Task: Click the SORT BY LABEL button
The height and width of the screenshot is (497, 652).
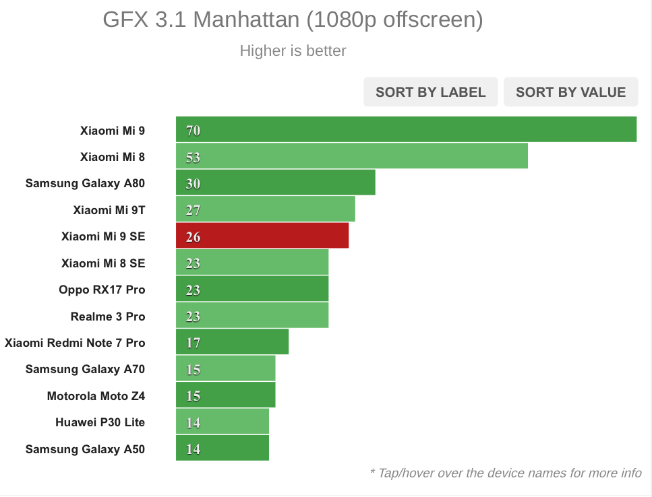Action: [x=430, y=92]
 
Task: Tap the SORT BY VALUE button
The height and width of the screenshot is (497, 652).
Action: [x=570, y=92]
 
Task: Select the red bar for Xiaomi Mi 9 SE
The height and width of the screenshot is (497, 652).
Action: [x=262, y=236]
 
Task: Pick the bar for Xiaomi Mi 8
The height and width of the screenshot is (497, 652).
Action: [x=351, y=157]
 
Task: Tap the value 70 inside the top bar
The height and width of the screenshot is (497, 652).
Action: [x=194, y=131]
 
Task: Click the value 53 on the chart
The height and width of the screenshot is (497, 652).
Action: [x=194, y=158]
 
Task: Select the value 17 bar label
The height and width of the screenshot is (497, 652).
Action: [x=194, y=343]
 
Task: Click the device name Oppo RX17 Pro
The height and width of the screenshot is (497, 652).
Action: [x=102, y=290]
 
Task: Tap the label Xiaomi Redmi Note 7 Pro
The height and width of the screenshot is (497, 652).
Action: [x=75, y=343]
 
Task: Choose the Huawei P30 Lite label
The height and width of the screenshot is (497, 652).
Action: [x=100, y=422]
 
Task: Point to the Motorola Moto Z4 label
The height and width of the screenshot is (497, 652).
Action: [x=96, y=396]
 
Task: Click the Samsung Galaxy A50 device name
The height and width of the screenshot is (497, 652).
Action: [x=85, y=449]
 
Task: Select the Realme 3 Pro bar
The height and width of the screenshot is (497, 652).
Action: [x=252, y=316]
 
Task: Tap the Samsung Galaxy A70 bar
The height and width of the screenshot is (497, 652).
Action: [x=225, y=369]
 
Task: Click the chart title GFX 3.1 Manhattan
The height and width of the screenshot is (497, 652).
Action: [x=293, y=20]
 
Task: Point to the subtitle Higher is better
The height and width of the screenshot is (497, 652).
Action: [x=293, y=51]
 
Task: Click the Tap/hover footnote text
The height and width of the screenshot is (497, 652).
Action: [x=506, y=473]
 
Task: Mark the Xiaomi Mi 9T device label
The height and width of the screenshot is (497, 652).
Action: [x=109, y=210]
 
